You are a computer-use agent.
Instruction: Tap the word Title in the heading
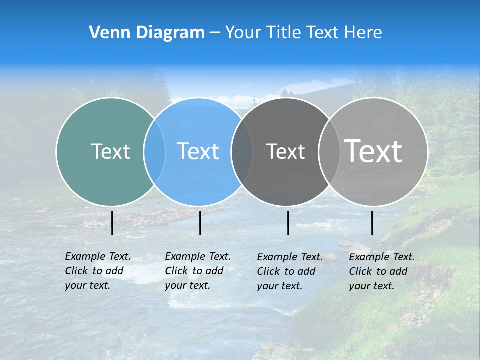pyautogui.click(x=283, y=33)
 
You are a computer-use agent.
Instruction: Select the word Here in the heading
pyautogui.click(x=363, y=33)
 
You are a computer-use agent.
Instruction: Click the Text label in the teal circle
pyautogui.click(x=110, y=151)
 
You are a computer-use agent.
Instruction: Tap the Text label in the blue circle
pyautogui.click(x=198, y=151)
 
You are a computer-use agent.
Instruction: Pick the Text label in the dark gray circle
pyautogui.click(x=285, y=151)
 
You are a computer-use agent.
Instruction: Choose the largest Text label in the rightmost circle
pyautogui.click(x=373, y=151)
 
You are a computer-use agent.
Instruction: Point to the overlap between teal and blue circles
pyautogui.click(x=154, y=151)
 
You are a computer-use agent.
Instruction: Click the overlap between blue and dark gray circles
pyautogui.click(x=242, y=151)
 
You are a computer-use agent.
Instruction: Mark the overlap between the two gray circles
pyautogui.click(x=329, y=151)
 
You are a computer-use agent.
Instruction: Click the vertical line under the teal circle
pyautogui.click(x=112, y=223)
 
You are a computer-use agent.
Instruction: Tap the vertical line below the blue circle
pyautogui.click(x=200, y=223)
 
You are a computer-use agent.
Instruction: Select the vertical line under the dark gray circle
pyautogui.click(x=288, y=223)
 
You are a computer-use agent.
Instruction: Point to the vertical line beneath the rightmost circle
pyautogui.click(x=372, y=223)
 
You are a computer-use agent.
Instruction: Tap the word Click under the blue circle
pyautogui.click(x=176, y=271)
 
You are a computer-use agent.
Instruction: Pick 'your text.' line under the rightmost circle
pyautogui.click(x=371, y=286)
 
